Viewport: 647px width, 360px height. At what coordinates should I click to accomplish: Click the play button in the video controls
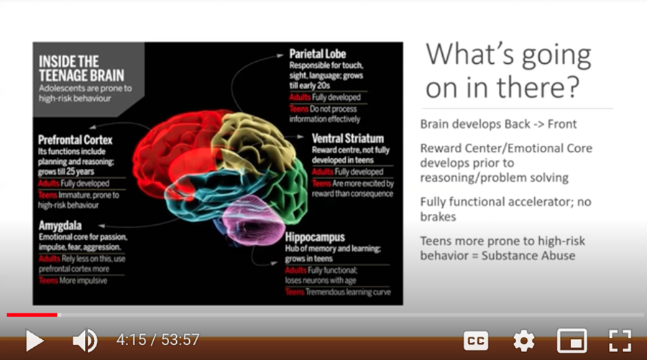(35, 341)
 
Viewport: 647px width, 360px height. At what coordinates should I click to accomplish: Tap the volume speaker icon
(85, 341)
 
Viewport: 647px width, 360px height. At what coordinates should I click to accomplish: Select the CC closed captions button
(476, 341)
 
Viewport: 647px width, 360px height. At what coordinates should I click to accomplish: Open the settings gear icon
(524, 341)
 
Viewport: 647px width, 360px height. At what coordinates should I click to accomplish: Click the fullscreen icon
(620, 341)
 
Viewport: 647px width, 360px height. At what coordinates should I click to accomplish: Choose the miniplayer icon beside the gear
(572, 341)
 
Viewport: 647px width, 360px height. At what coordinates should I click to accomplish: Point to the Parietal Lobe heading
(317, 54)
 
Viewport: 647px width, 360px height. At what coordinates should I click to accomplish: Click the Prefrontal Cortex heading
(75, 140)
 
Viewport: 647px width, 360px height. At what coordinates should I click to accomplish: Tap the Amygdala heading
(60, 226)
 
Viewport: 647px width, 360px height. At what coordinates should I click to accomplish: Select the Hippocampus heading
(315, 237)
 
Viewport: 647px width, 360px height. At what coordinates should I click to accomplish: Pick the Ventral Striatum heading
(347, 138)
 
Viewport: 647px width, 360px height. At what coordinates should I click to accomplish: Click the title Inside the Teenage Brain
(81, 68)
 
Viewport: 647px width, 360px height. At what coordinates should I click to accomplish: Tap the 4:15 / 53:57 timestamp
(157, 340)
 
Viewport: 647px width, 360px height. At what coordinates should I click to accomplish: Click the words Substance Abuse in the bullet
(528, 256)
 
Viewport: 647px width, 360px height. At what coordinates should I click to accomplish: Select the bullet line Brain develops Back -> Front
(498, 124)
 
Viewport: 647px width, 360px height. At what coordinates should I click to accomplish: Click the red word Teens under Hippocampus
(295, 292)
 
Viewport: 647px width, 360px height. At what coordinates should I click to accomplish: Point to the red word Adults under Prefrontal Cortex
(49, 183)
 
